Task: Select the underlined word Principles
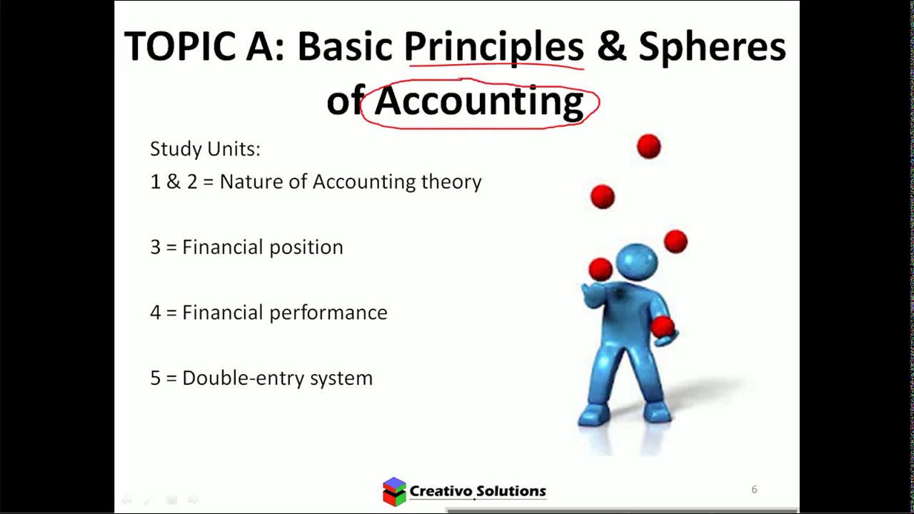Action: point(493,47)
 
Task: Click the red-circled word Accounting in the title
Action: point(478,101)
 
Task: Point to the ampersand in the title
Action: point(611,47)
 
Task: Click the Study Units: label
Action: point(205,148)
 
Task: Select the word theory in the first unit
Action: point(451,182)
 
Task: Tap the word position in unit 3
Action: point(305,247)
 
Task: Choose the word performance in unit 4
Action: point(328,313)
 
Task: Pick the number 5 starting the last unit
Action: point(155,378)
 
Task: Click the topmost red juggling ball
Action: point(648,146)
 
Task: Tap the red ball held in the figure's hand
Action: point(663,326)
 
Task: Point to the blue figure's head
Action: point(636,261)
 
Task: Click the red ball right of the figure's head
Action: point(675,241)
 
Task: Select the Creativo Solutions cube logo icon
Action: point(394,491)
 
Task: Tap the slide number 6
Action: point(754,489)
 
